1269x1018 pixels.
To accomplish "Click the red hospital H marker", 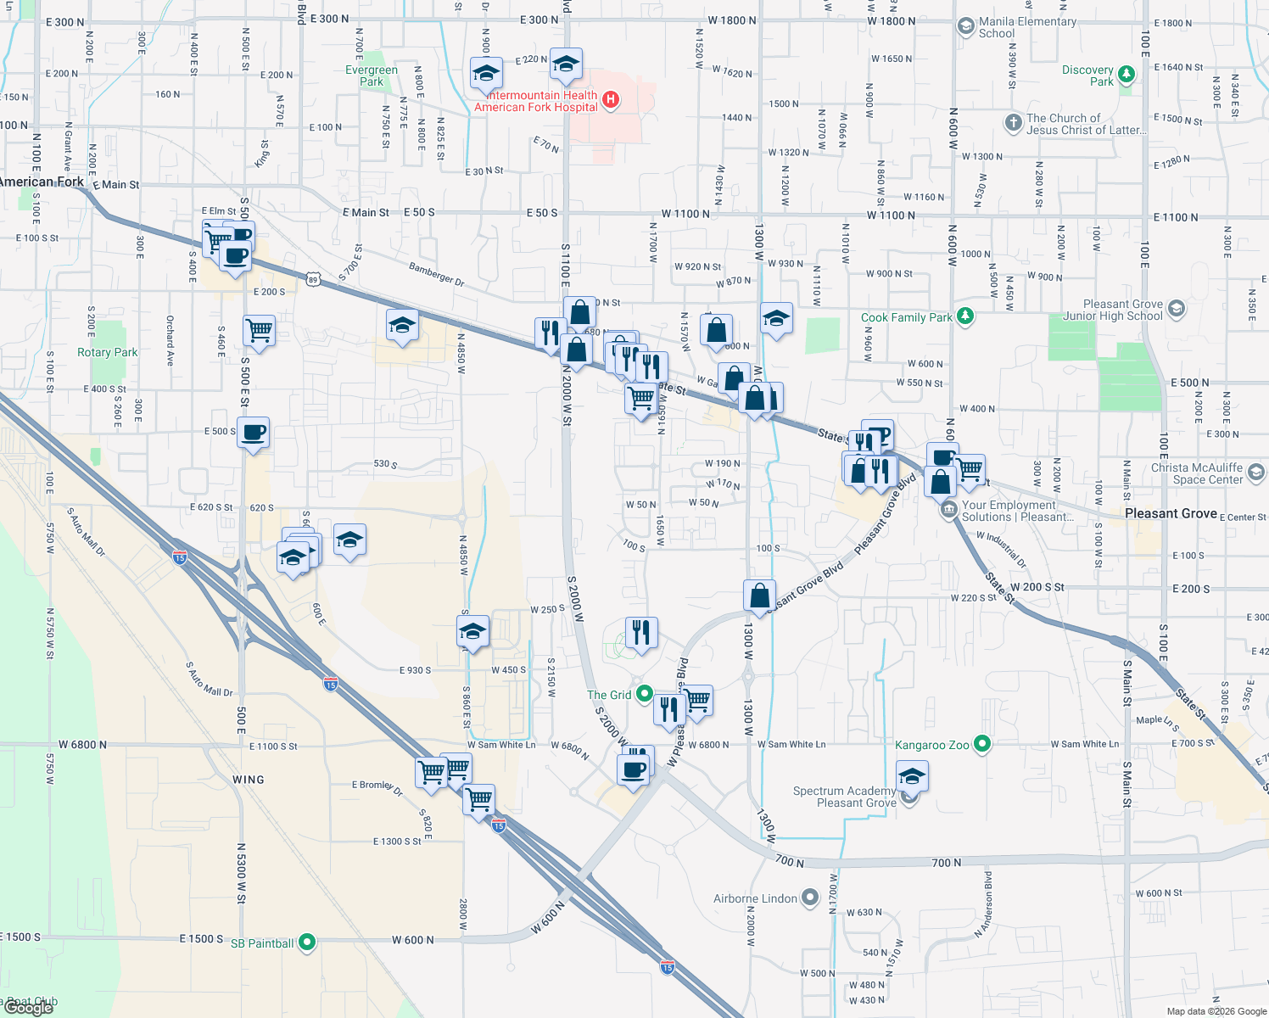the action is pyautogui.click(x=609, y=101).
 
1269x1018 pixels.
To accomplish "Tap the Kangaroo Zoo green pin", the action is pyautogui.click(x=982, y=744).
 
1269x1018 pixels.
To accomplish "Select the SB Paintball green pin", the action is pyautogui.click(x=307, y=942).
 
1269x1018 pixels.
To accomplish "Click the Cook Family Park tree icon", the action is pyautogui.click(x=964, y=316).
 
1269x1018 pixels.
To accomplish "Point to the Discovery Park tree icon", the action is pyautogui.click(x=1126, y=75).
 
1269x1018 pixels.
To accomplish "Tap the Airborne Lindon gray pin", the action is pyautogui.click(x=810, y=898).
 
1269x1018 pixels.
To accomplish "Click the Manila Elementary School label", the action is pyautogui.click(x=1027, y=28).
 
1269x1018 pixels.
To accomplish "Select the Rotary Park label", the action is pyautogui.click(x=107, y=352).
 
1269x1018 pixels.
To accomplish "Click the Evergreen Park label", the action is pyautogui.click(x=372, y=76).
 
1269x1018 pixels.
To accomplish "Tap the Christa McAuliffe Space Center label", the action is pyautogui.click(x=1196, y=473).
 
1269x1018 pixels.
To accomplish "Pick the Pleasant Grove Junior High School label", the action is pyautogui.click(x=1113, y=310).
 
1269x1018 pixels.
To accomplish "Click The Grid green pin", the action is pyautogui.click(x=644, y=694).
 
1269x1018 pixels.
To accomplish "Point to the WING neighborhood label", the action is pyautogui.click(x=248, y=780).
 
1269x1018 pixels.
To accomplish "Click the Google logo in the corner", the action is pyautogui.click(x=29, y=1007).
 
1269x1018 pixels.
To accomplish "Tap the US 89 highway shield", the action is pyautogui.click(x=313, y=279).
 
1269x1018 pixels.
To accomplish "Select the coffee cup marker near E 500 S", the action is pyautogui.click(x=253, y=433).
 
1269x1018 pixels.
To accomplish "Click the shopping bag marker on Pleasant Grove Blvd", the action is pyautogui.click(x=759, y=596).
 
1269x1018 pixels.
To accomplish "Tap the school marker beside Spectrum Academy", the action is pyautogui.click(x=912, y=775).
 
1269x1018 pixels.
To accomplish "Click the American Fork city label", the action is pyautogui.click(x=42, y=182).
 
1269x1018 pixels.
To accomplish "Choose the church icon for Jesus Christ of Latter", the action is pyautogui.click(x=1013, y=123).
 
